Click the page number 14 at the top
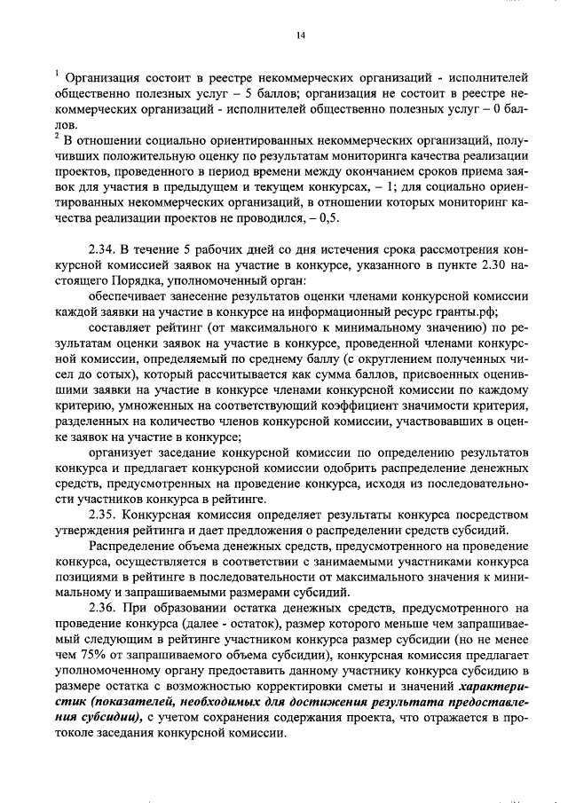301,35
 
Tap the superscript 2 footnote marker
55,137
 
